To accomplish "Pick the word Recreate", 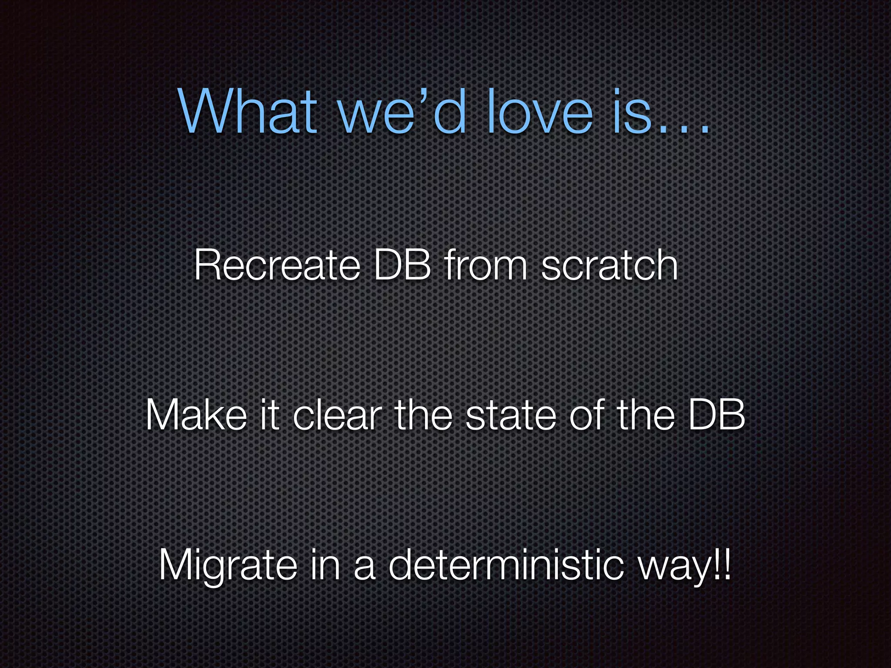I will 277,265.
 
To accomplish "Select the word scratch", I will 609,265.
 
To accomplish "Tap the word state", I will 510,415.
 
